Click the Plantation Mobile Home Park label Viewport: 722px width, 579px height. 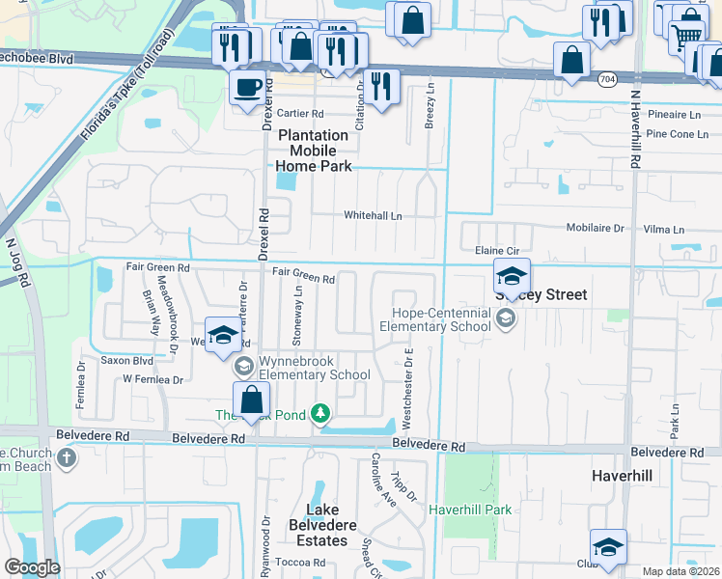point(314,151)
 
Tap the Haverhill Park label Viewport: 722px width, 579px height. point(469,509)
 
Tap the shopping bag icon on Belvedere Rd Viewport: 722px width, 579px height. point(251,399)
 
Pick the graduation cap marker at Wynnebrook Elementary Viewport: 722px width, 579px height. point(223,335)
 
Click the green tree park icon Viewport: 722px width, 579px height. point(320,416)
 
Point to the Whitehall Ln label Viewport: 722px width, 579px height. point(374,216)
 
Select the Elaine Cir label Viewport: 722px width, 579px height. point(497,251)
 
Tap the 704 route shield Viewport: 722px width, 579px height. point(606,78)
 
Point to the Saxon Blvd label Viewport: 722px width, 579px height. point(127,361)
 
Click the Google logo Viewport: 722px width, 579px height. point(32,567)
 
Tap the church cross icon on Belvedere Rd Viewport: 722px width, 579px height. point(66,455)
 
